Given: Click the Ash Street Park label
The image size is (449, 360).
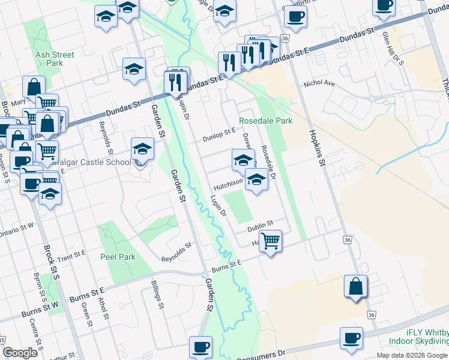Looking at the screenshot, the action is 55,59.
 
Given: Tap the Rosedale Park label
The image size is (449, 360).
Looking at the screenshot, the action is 265,121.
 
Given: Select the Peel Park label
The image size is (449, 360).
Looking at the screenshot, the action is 118,257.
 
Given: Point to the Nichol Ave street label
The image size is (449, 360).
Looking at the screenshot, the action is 319,84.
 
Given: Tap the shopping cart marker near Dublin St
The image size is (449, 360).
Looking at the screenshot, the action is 271,241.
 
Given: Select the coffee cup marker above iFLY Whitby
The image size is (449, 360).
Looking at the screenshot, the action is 351,337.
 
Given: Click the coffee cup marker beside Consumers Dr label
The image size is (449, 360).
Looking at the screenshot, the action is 200,346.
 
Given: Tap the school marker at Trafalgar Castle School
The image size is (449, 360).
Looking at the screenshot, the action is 142,148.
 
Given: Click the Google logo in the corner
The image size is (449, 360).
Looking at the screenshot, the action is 20,353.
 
